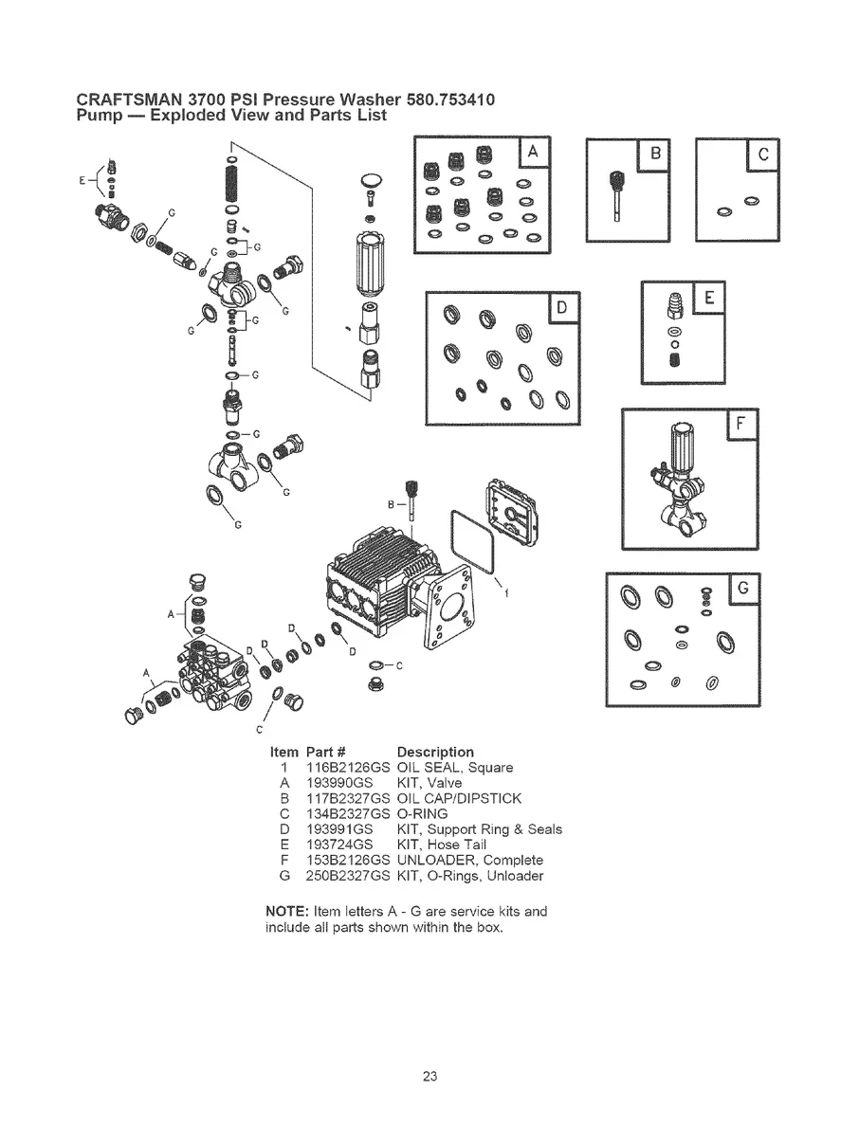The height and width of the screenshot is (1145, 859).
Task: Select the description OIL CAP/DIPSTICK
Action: [459, 798]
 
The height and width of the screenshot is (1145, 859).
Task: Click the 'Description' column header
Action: [435, 752]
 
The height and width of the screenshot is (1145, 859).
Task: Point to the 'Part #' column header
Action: [329, 752]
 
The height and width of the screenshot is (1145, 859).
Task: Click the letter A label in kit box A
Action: [534, 153]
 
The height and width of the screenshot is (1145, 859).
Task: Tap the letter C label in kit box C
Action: [762, 154]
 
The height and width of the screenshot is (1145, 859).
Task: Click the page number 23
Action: [429, 1076]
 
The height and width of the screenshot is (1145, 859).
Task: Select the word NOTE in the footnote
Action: [283, 911]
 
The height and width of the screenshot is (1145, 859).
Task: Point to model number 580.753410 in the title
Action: [449, 100]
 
